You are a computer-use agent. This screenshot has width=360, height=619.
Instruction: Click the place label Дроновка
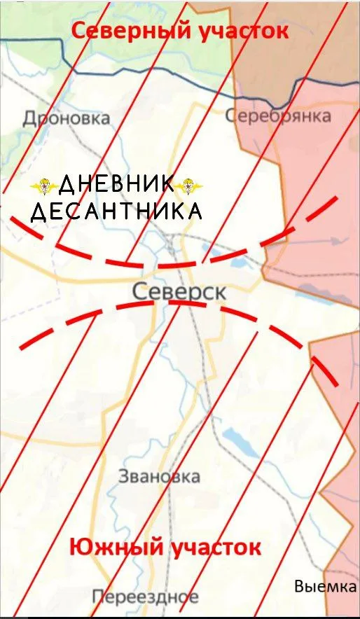coord(67,118)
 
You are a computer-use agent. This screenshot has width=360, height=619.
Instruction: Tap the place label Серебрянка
coord(279,116)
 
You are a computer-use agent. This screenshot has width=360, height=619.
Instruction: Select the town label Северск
coord(179,291)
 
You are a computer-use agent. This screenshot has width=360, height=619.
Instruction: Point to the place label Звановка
coord(159,477)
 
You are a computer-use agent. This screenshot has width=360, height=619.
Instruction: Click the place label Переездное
coord(145,597)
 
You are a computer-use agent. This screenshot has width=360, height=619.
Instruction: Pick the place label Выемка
coord(325,587)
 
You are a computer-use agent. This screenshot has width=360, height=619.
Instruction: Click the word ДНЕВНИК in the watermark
coord(116,185)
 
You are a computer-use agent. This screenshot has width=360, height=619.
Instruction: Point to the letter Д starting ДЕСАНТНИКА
coord(39,211)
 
